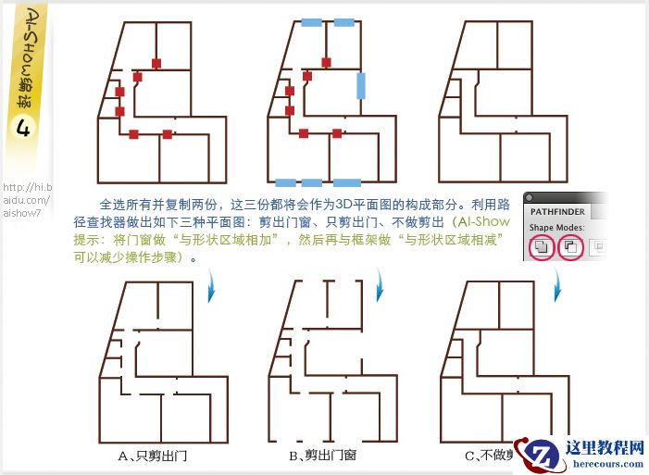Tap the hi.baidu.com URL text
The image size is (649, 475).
(x=27, y=199)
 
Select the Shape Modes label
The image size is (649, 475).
(x=556, y=228)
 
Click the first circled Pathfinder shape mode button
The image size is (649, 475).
(x=543, y=248)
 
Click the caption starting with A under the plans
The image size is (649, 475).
(x=152, y=455)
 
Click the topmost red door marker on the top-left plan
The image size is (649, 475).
(x=156, y=63)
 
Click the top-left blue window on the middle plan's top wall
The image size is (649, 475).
(x=312, y=20)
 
